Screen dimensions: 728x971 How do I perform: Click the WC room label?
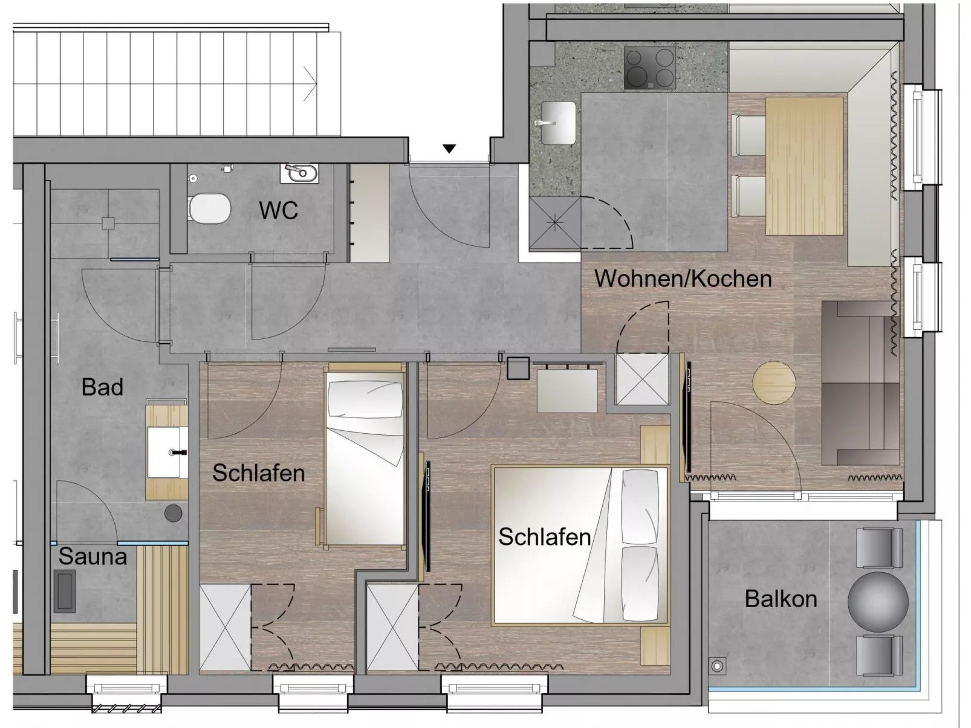click(x=278, y=210)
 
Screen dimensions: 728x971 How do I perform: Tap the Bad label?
click(x=102, y=387)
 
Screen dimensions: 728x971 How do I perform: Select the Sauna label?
click(x=93, y=556)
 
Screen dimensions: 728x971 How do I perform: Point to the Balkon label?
click(x=781, y=599)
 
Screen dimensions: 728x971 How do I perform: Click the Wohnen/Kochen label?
click(x=683, y=279)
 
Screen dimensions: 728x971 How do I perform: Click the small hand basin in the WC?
click(x=299, y=173)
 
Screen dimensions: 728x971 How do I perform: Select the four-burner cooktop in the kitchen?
click(x=649, y=68)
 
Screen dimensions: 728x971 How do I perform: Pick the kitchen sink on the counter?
click(x=557, y=123)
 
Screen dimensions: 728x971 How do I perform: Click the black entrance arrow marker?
click(x=449, y=149)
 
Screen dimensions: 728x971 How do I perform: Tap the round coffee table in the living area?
click(x=774, y=382)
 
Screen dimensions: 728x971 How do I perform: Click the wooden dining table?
click(x=804, y=166)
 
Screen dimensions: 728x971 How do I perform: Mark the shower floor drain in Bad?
click(x=108, y=224)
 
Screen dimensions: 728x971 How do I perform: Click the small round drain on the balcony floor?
click(x=718, y=666)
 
